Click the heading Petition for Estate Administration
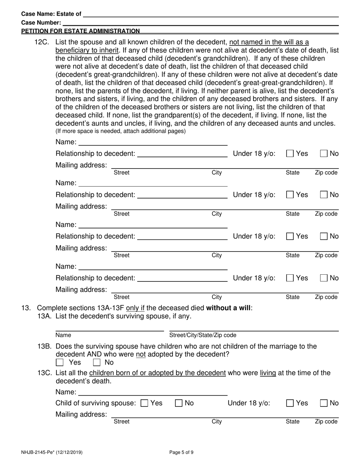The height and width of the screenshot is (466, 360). pos(80,31)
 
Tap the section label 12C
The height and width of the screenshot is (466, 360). pos(42,42)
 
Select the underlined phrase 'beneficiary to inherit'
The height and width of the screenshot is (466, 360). pos(87,50)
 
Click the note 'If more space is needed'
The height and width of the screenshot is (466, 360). pos(121,131)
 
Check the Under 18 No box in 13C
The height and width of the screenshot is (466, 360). pos(324,403)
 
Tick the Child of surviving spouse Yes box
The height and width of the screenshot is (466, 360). pos(144,403)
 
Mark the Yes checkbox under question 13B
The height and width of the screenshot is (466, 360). pos(59,363)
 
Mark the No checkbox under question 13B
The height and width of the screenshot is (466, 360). pos(97,363)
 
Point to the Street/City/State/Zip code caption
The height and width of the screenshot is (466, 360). pos(202,335)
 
